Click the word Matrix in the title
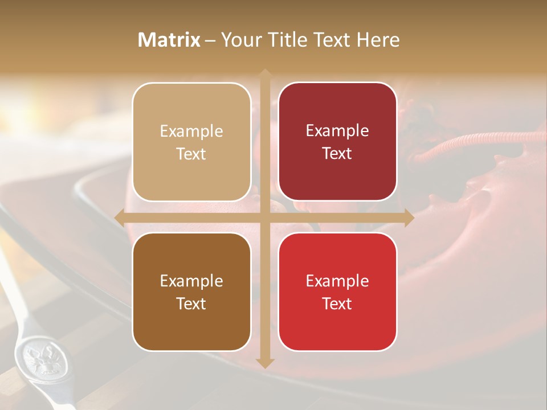[169, 40]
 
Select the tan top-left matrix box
[191, 142]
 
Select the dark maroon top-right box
[337, 142]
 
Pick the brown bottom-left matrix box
[191, 292]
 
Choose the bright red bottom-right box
[337, 292]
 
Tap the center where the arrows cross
[264, 218]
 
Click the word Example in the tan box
[191, 132]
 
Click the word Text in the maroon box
[337, 154]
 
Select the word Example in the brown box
[191, 281]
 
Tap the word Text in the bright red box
[337, 304]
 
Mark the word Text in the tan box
[191, 154]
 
